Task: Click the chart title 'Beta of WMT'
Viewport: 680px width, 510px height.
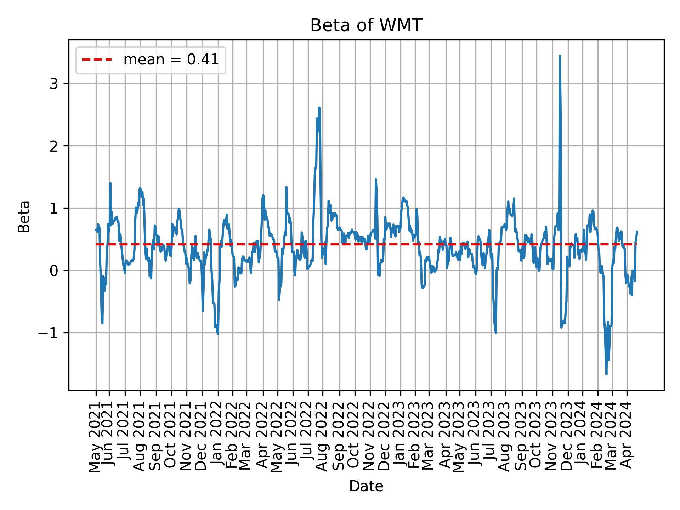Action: pos(366,25)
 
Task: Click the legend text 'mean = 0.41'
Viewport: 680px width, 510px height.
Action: pos(171,60)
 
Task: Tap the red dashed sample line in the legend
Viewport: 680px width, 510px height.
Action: pos(97,60)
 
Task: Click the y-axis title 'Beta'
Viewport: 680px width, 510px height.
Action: pos(24,216)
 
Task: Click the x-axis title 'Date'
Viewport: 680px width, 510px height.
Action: pos(366,487)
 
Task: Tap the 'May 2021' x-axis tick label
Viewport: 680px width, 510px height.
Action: pos(95,437)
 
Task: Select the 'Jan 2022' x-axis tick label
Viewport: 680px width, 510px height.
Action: pos(217,437)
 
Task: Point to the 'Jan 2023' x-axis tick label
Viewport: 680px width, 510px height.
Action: pos(400,437)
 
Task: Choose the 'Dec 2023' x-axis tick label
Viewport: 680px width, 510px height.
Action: pos(567,437)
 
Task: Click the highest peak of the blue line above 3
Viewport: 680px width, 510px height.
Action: pos(559,56)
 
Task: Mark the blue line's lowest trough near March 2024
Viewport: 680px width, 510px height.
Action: pos(606,374)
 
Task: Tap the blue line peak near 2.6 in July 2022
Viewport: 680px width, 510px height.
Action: pos(319,108)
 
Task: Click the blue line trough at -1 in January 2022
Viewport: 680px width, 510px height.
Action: pos(218,333)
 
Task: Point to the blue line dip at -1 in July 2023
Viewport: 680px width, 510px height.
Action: pos(495,333)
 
